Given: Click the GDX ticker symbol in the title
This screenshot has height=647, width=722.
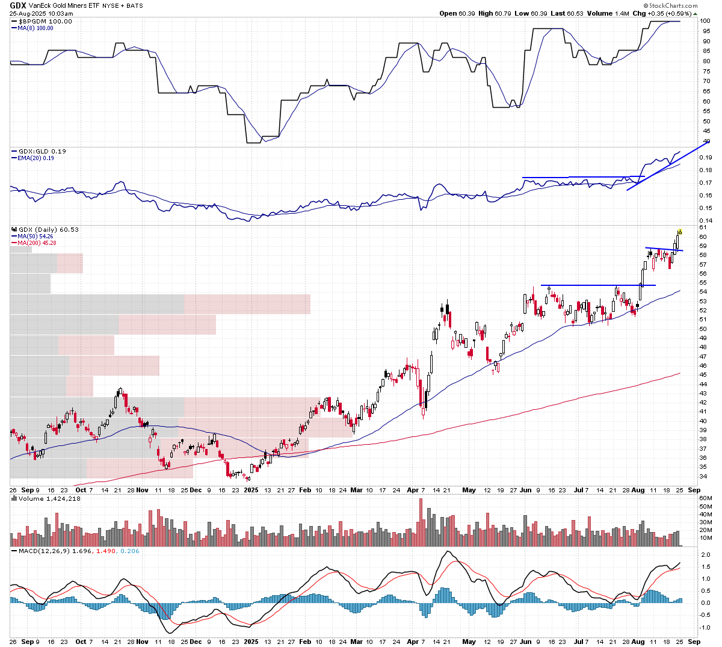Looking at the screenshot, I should click(x=17, y=5).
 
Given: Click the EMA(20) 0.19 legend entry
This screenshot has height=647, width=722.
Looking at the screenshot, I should click(x=35, y=158).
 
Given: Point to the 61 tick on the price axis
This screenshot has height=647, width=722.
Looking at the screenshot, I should click(x=703, y=228).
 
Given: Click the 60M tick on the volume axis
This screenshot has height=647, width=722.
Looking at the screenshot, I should click(x=705, y=498).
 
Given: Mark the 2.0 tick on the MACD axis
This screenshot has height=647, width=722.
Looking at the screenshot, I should click(x=705, y=554).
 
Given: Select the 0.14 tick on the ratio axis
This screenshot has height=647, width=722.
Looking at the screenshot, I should click(x=705, y=221).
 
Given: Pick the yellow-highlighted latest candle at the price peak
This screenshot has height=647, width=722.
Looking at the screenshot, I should click(x=679, y=232).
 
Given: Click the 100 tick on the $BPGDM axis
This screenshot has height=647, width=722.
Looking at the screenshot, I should click(x=705, y=21).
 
